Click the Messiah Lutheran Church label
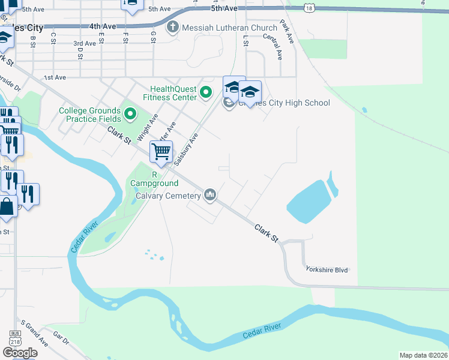coord(231,28)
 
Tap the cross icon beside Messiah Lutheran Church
coord(173,28)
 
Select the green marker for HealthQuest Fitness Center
coord(206,92)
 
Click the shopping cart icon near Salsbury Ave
coord(161,152)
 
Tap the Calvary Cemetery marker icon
coord(210,195)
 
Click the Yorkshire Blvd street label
coord(327,270)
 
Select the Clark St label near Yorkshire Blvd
coord(267,233)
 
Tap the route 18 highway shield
coord(309,7)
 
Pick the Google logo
coord(20,353)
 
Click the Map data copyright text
coord(423,355)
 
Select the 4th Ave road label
coord(102,27)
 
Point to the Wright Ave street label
coord(147,127)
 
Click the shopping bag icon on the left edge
coord(7,207)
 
